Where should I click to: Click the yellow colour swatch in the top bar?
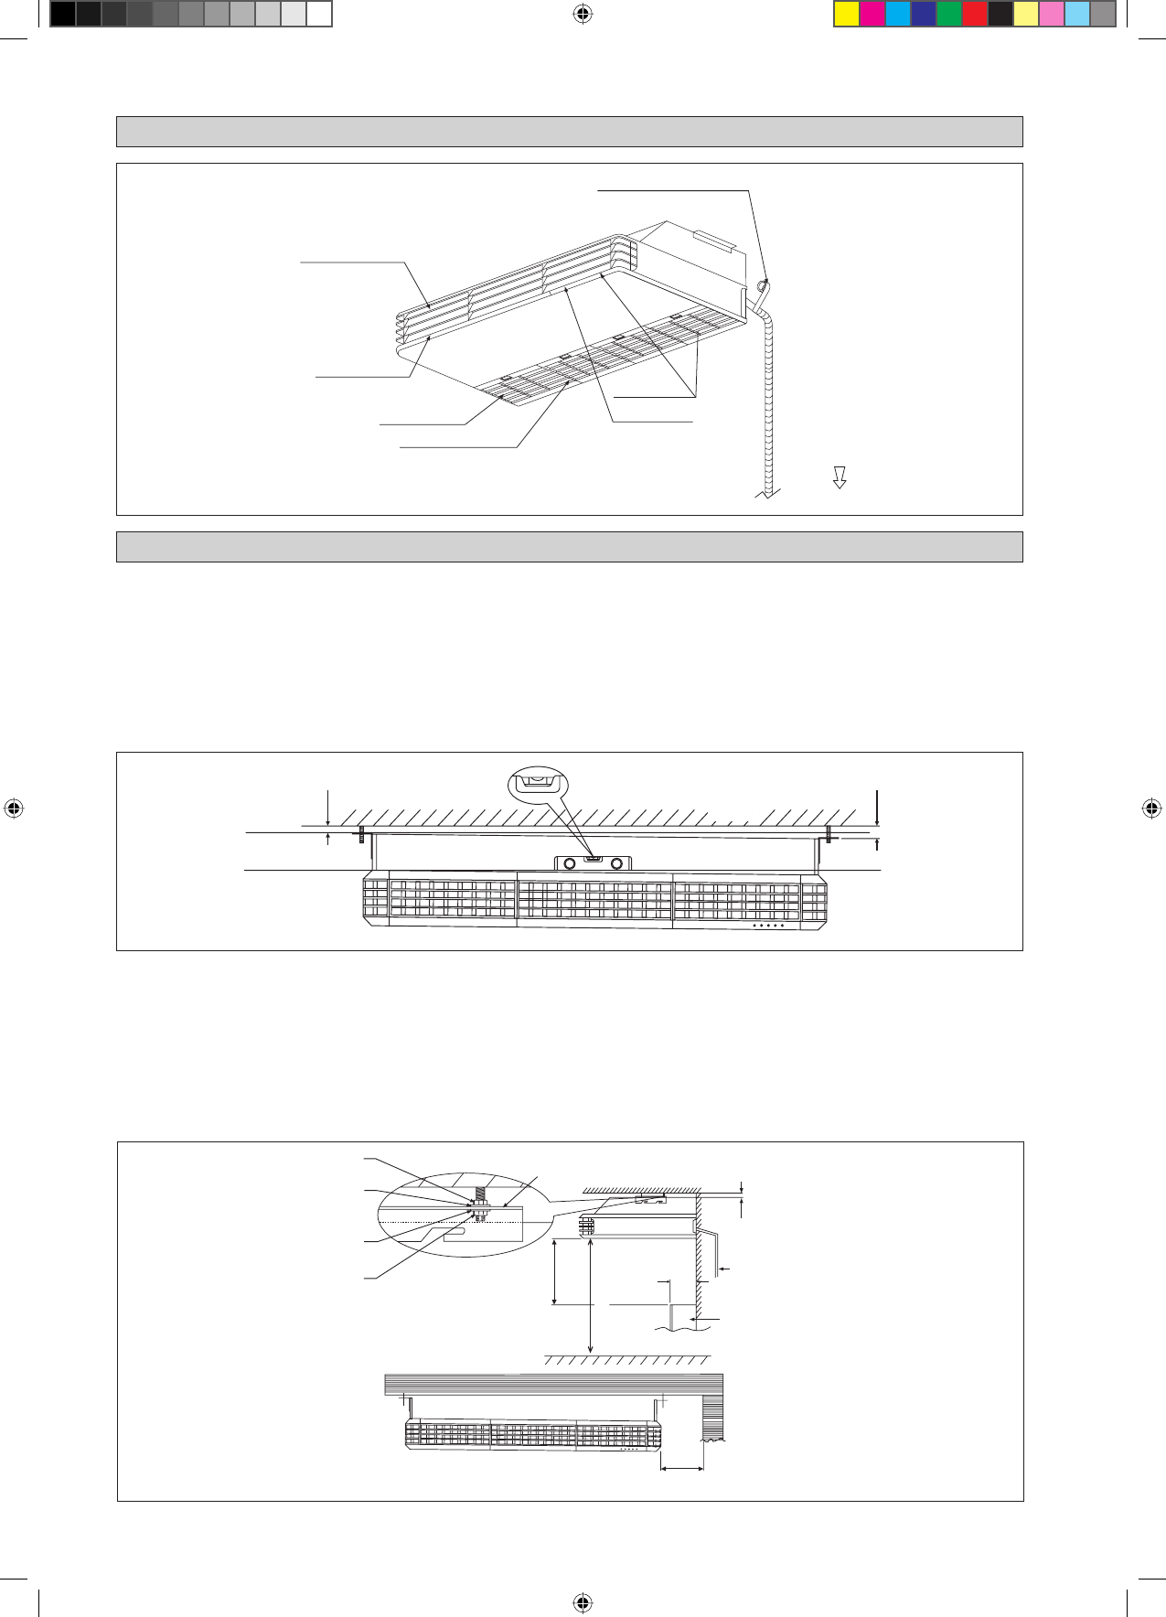coord(847,14)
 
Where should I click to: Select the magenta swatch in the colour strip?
coord(872,14)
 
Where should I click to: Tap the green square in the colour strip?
coord(949,14)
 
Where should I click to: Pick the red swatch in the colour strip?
coord(975,14)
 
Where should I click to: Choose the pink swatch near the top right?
coord(1052,14)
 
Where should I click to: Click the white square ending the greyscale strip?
coord(318,14)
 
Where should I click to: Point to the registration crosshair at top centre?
coord(583,14)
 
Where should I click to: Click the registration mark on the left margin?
coord(13,808)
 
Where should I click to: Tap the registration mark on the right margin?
coord(1152,808)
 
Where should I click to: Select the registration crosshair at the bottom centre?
coord(583,1601)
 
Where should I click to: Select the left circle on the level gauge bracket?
coord(570,863)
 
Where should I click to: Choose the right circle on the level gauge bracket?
coord(617,863)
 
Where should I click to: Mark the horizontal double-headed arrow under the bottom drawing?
coord(681,1469)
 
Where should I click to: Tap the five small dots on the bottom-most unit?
coord(629,1449)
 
